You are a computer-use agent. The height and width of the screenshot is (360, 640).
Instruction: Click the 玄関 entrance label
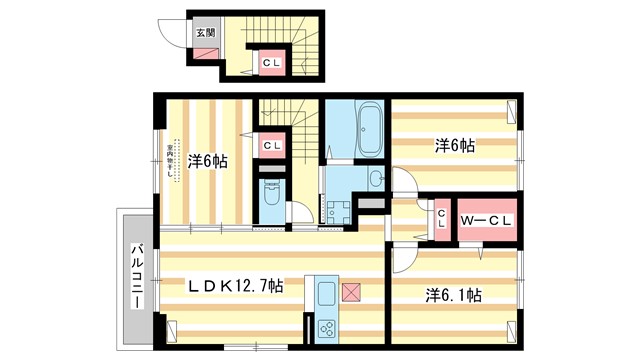pos(204,31)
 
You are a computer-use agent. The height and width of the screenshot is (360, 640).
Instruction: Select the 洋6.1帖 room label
pos(453,295)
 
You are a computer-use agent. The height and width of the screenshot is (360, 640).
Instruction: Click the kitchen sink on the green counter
pos(327,294)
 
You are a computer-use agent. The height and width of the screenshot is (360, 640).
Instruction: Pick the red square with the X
pos(352,292)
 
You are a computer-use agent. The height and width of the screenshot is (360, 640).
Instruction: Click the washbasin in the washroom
pos(374,179)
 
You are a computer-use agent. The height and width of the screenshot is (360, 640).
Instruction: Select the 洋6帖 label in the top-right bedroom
pos(454,146)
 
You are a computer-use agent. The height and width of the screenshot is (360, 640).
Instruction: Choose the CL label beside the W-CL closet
pos(441,219)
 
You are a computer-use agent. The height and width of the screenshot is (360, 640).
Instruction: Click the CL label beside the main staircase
pos(271,146)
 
